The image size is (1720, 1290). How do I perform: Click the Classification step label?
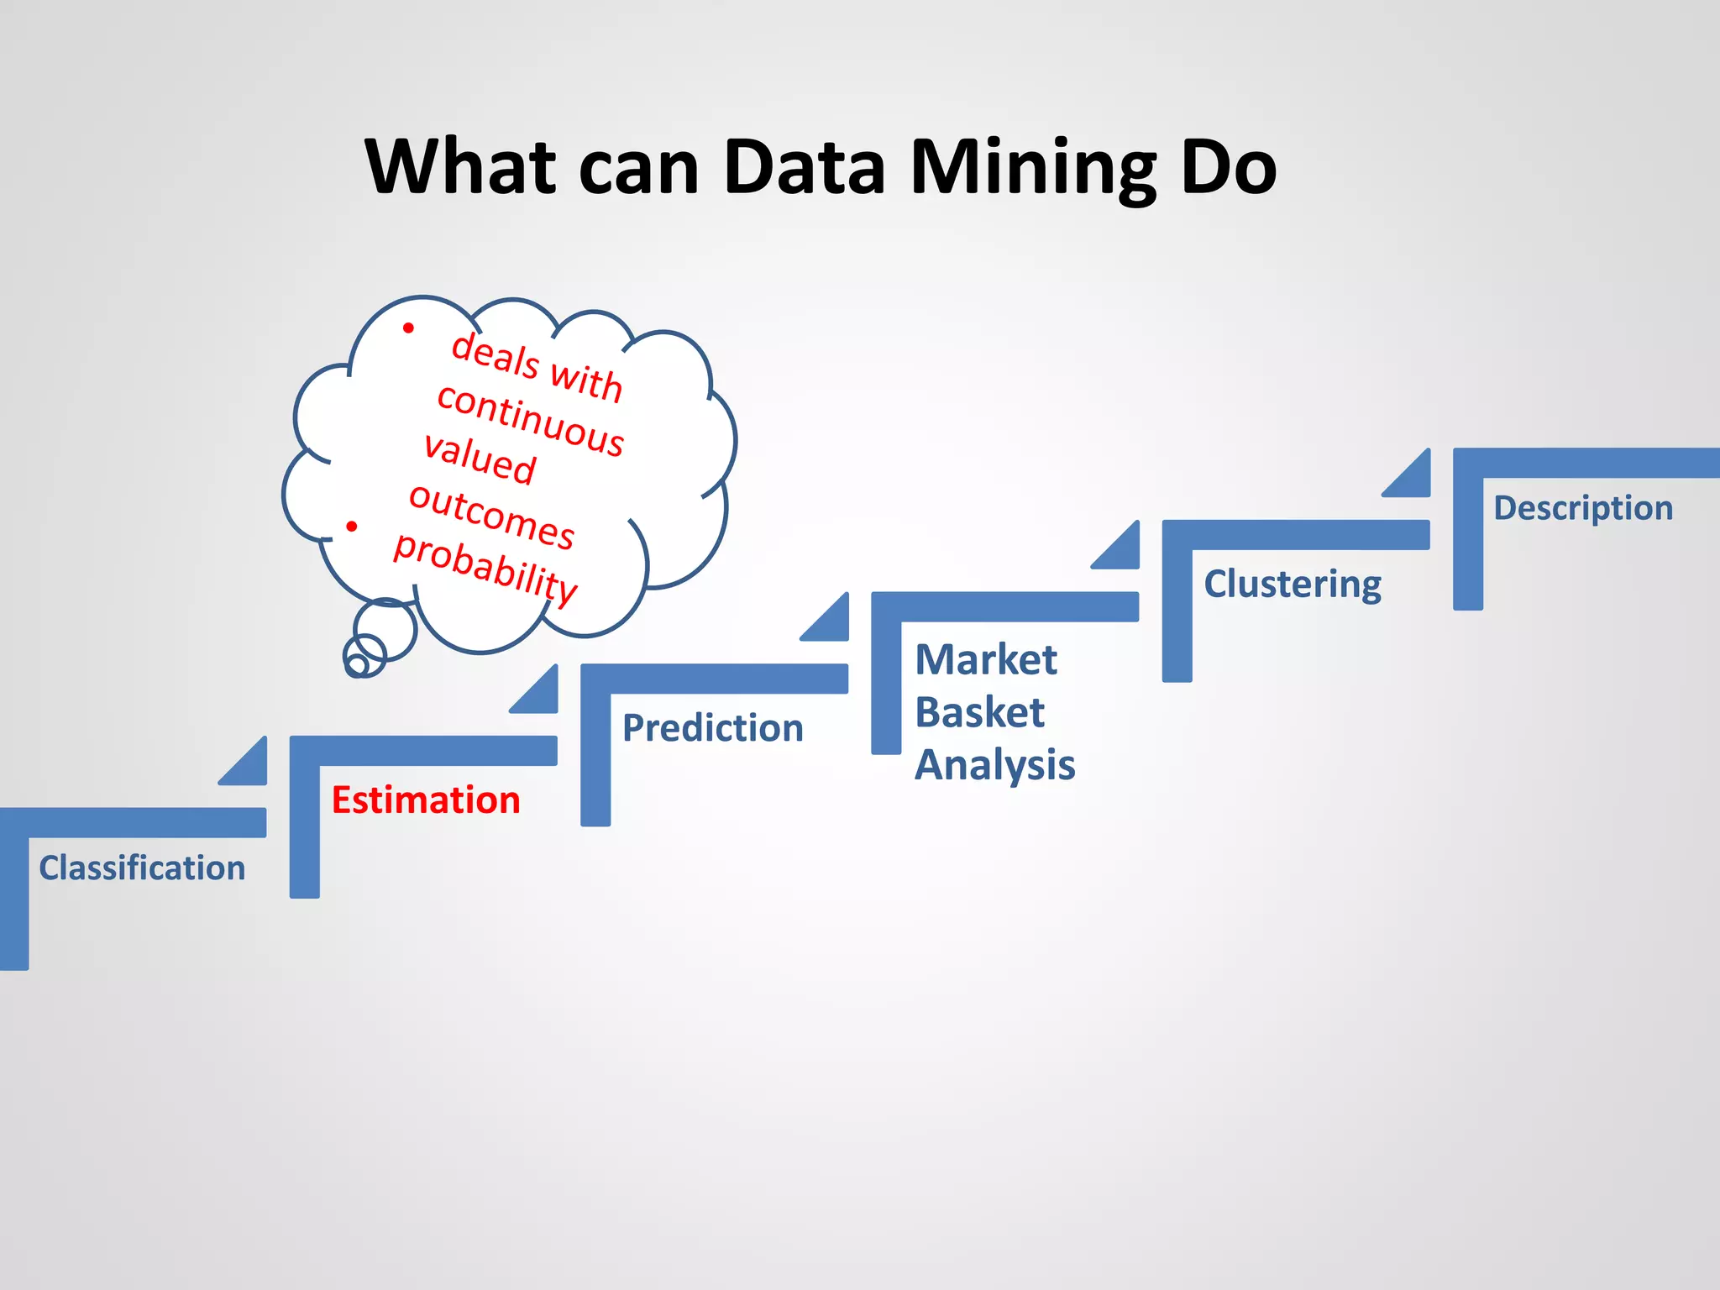pyautogui.click(x=142, y=868)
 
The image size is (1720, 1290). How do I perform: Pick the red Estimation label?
pyautogui.click(x=426, y=800)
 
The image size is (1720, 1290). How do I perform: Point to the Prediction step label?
pyautogui.click(x=712, y=727)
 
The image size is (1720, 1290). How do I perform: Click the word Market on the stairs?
pyautogui.click(x=985, y=659)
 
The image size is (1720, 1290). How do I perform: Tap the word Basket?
pyautogui.click(x=979, y=712)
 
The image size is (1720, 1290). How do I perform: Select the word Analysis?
pyautogui.click(x=994, y=765)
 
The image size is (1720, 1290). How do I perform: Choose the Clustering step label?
pyautogui.click(x=1292, y=585)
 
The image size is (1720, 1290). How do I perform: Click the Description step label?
pyautogui.click(x=1582, y=508)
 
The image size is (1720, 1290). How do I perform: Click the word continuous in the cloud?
pyautogui.click(x=531, y=421)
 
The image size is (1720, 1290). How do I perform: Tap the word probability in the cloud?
pyautogui.click(x=485, y=566)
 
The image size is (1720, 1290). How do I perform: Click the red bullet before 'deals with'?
pyautogui.click(x=408, y=328)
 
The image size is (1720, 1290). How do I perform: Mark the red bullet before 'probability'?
pyautogui.click(x=352, y=527)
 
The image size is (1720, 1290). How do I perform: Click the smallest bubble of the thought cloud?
pyautogui.click(x=357, y=666)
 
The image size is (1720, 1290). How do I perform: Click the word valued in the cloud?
pyautogui.click(x=480, y=459)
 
